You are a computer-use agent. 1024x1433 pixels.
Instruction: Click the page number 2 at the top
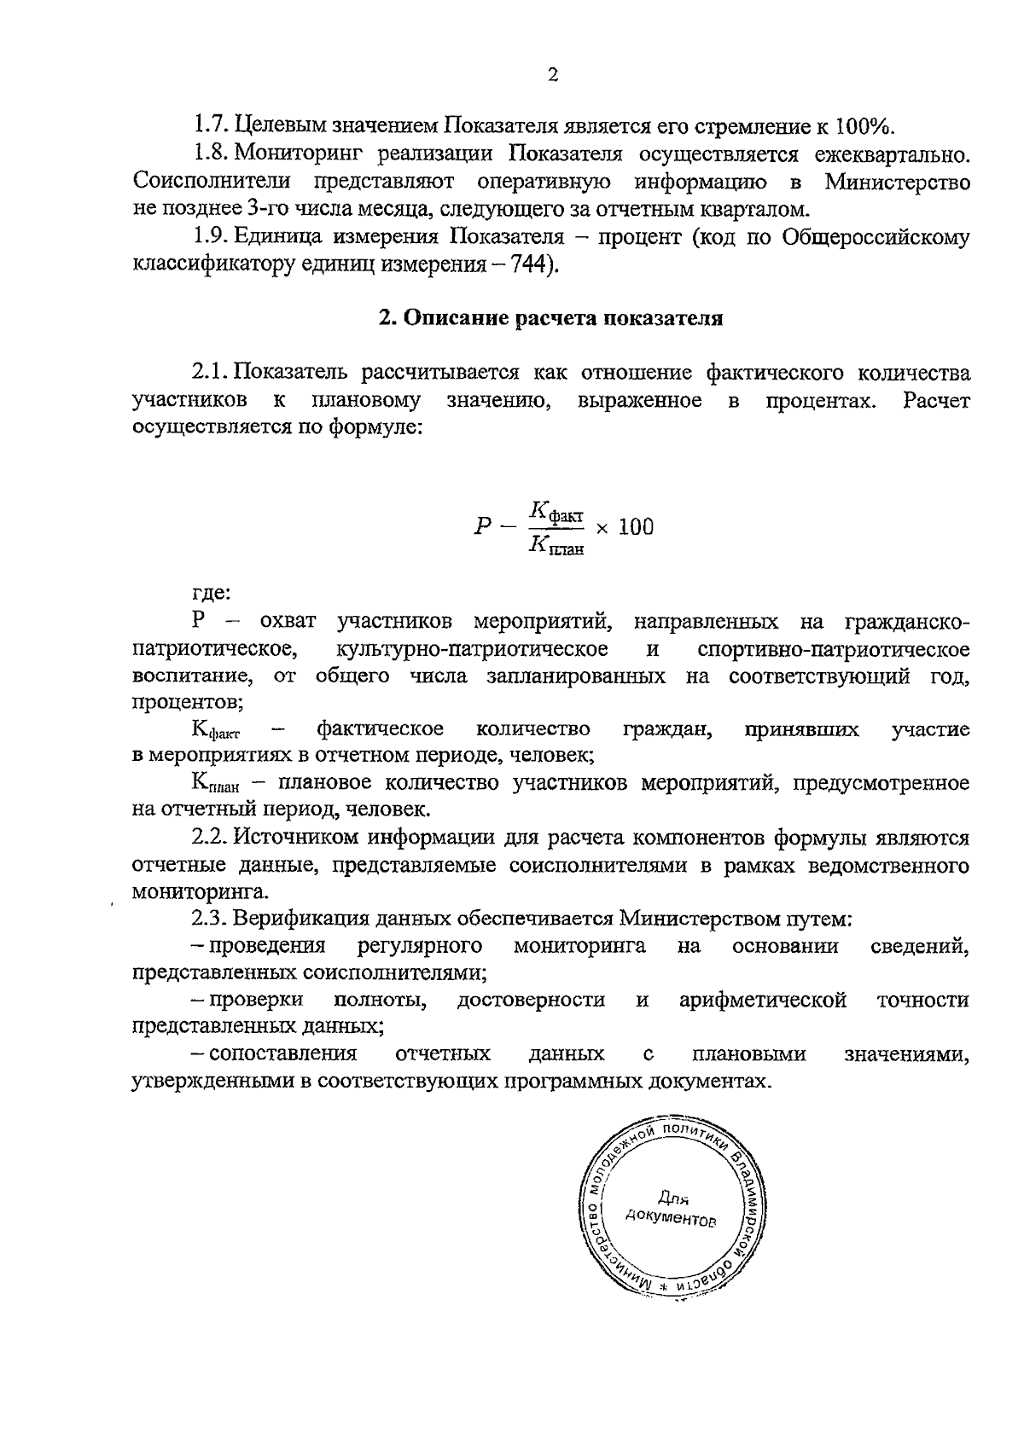[x=552, y=76]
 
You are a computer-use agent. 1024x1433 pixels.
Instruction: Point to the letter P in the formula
[x=482, y=526]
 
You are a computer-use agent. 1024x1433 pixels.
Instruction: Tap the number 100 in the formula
[x=636, y=526]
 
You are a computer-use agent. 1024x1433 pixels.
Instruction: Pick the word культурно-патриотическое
[x=473, y=649]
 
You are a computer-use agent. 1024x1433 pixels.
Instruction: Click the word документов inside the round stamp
[x=671, y=1218]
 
